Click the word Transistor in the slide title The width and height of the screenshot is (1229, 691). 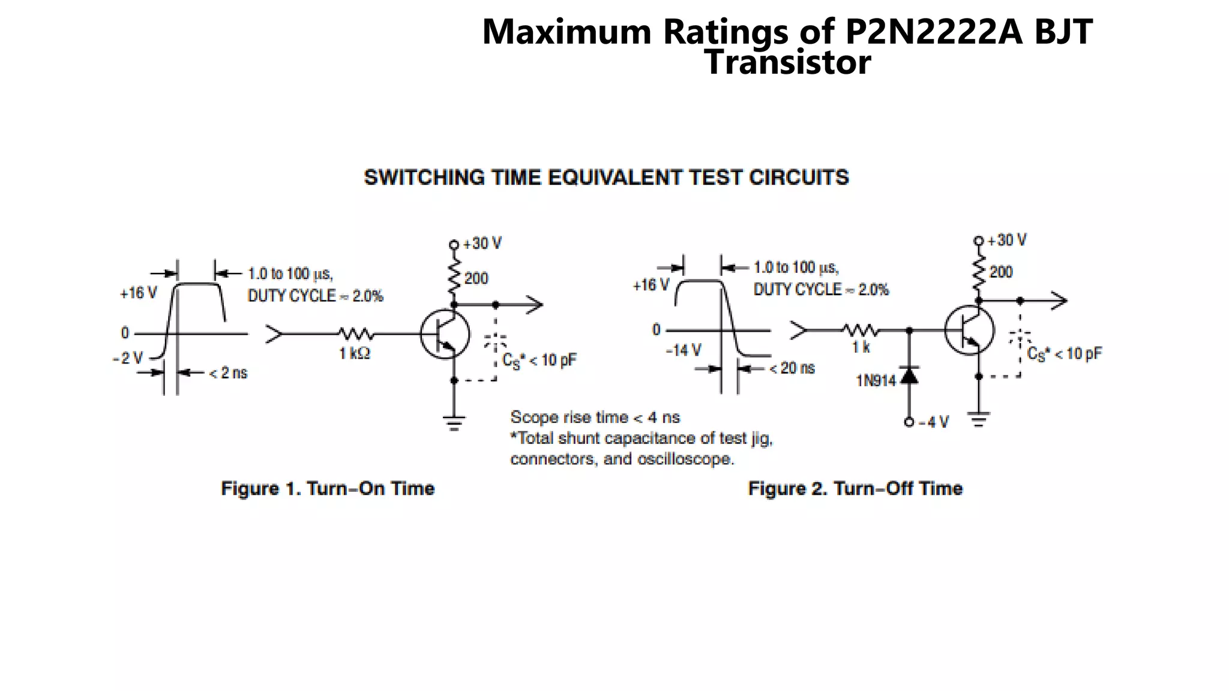(x=787, y=62)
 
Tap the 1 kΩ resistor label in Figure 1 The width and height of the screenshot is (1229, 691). (x=355, y=354)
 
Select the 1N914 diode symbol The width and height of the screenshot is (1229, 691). (x=910, y=375)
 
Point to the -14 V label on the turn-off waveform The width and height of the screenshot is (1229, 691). (x=684, y=350)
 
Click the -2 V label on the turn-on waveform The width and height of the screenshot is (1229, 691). (x=128, y=359)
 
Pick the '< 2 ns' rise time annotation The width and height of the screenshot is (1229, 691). (x=228, y=373)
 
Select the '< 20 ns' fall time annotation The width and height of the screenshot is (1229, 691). (x=792, y=368)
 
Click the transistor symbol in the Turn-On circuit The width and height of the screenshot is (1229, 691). (x=445, y=334)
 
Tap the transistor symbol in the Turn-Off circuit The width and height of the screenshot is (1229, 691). (x=969, y=331)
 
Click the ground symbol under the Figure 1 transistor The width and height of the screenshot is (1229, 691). (x=454, y=423)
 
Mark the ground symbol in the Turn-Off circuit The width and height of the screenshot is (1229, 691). (x=979, y=419)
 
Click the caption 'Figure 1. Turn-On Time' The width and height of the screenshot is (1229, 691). (x=328, y=488)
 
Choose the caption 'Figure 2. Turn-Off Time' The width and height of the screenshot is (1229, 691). (x=855, y=488)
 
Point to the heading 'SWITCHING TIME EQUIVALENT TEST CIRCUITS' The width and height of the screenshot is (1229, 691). (x=606, y=178)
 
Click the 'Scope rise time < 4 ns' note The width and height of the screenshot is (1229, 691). (x=595, y=417)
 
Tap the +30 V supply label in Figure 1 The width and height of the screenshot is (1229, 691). (x=482, y=244)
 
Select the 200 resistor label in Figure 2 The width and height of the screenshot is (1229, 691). (x=1001, y=272)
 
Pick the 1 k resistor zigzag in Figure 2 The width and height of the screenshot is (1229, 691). (x=861, y=330)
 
